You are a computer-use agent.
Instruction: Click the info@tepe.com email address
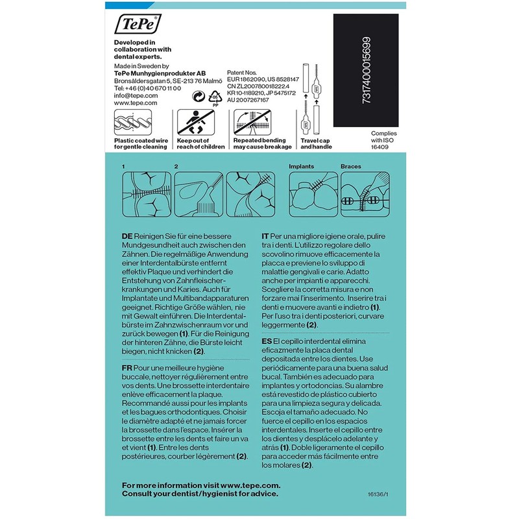coord(136,95)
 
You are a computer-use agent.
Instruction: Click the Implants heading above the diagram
coord(302,167)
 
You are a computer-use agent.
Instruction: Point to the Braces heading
coord(351,167)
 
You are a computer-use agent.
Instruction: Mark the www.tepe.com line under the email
coord(136,103)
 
